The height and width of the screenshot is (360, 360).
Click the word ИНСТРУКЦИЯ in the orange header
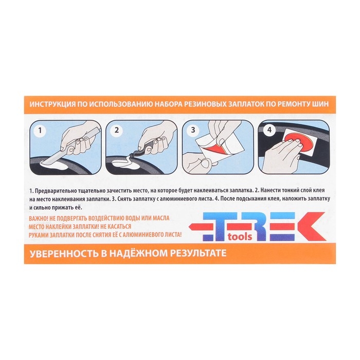[x=52, y=104]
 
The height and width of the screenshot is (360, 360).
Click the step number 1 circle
[x=40, y=131]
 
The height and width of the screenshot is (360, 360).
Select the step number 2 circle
[x=117, y=130]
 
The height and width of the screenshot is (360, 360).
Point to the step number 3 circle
[x=193, y=130]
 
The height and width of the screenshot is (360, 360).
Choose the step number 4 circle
[x=269, y=130]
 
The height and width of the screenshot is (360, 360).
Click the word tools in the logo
[x=240, y=237]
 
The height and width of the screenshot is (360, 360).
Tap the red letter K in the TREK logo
[x=308, y=226]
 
